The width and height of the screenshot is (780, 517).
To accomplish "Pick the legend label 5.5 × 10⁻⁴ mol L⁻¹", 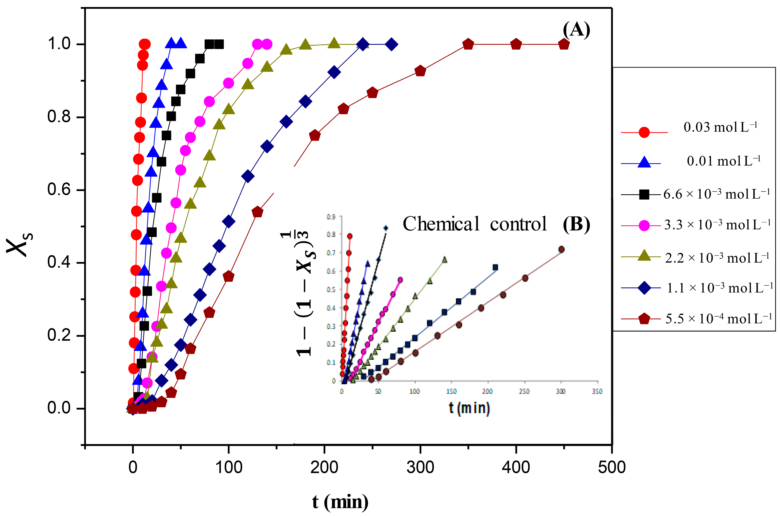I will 718,319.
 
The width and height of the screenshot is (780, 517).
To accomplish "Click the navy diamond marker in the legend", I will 644,288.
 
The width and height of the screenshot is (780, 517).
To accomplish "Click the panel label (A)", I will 576,30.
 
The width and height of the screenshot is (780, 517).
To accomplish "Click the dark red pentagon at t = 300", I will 420,71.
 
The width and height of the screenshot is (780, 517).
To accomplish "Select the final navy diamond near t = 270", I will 391,44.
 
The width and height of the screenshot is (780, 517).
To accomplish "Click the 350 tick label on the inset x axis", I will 597,391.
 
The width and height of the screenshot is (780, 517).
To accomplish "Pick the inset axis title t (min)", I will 469,408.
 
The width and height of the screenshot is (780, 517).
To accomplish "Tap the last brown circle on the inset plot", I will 561,249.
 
